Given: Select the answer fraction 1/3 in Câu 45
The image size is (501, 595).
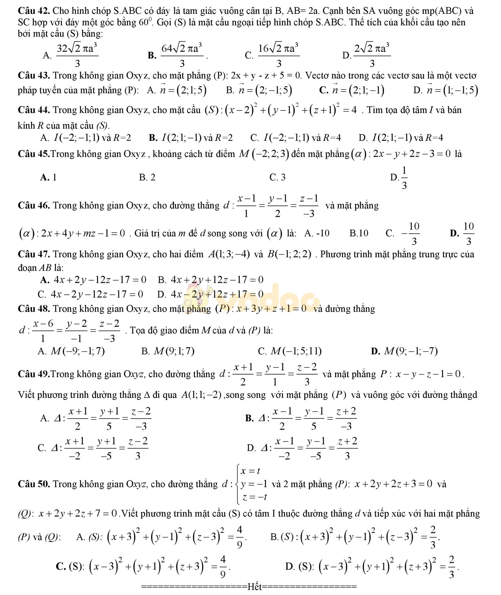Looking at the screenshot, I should [404, 178].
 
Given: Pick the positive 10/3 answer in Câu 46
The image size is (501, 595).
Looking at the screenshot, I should [469, 233].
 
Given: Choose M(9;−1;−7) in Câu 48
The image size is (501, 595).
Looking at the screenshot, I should [411, 351].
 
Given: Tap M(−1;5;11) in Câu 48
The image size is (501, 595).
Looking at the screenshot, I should [296, 351].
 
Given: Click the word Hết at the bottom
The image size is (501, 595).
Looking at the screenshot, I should [255, 587].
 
